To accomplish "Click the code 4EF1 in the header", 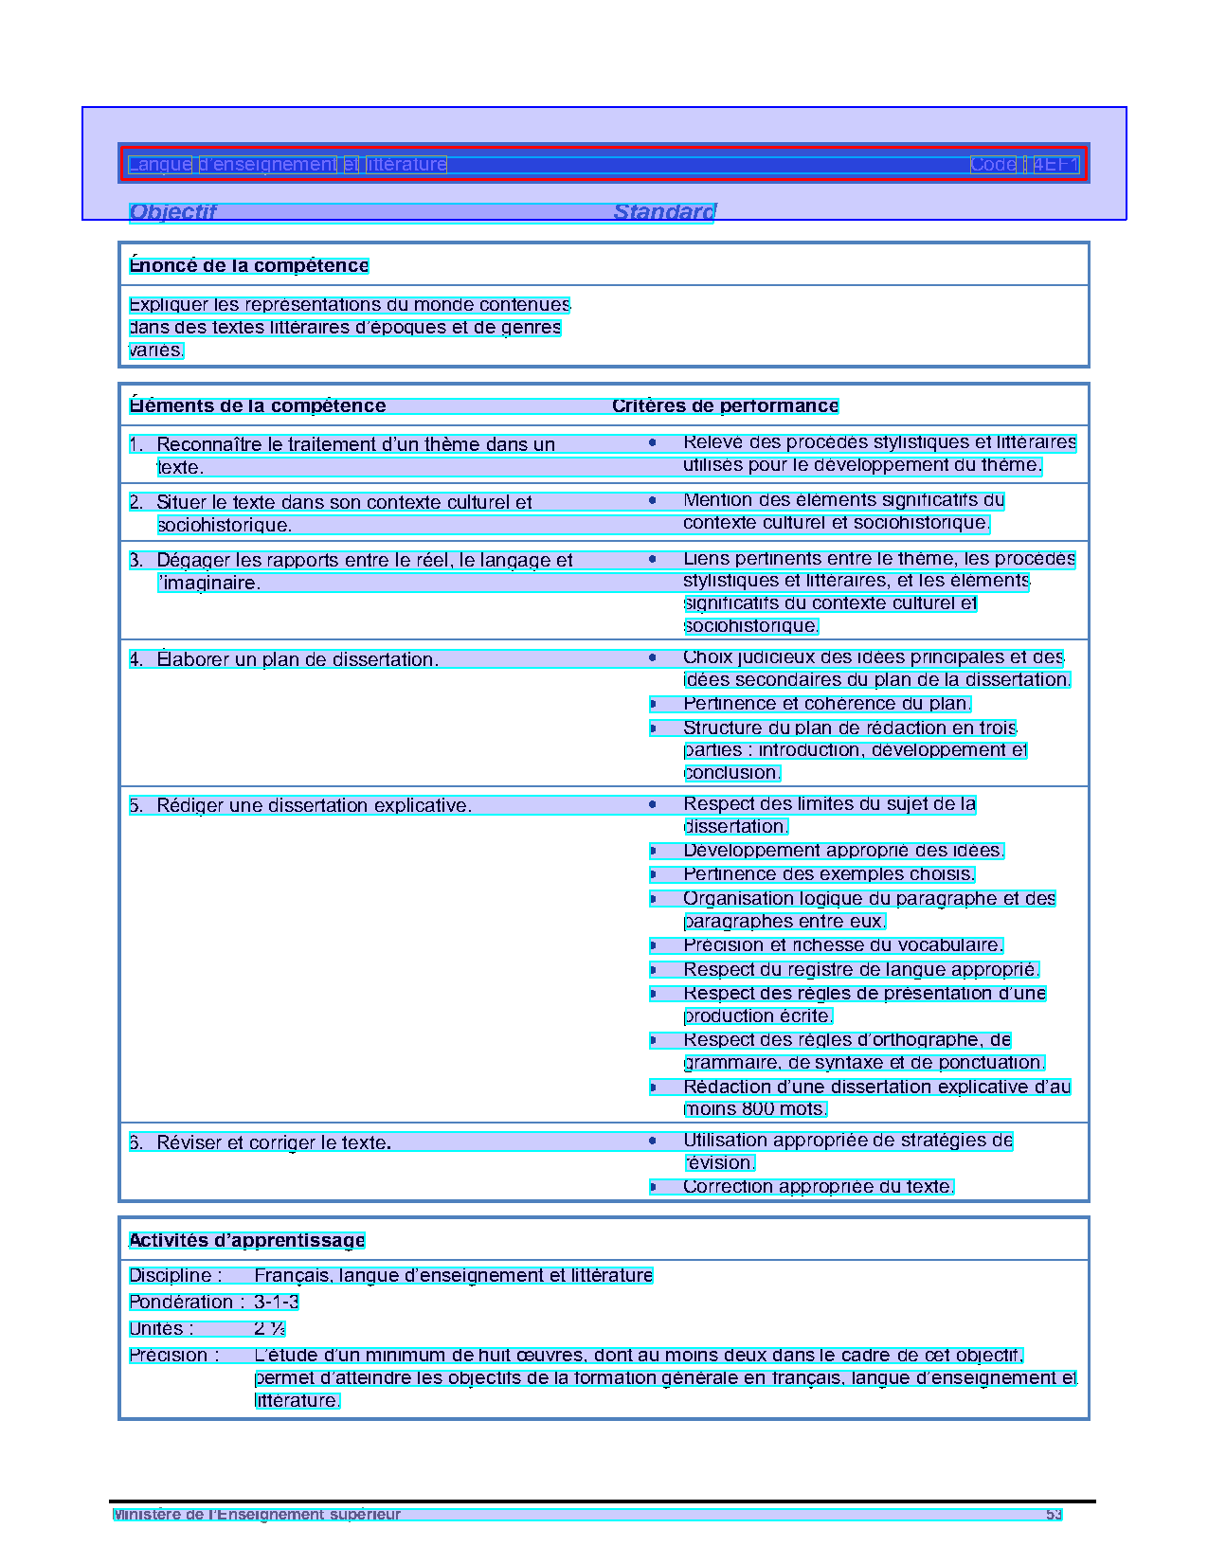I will [x=1055, y=165].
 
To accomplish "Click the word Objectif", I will [x=172, y=212].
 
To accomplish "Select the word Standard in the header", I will [x=664, y=212].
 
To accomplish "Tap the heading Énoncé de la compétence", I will [x=248, y=266].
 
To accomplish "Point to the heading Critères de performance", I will [x=725, y=406].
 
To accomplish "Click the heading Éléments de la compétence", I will [x=258, y=406].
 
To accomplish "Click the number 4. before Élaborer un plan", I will [x=136, y=660].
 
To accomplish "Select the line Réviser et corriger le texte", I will [x=274, y=1143].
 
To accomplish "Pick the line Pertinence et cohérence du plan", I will [x=826, y=704].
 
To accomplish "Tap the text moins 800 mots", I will [x=755, y=1109].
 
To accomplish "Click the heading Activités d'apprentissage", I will [x=246, y=1241].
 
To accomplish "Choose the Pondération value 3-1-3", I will [x=277, y=1303].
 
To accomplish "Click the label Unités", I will [x=161, y=1329].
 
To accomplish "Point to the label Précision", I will [x=174, y=1356].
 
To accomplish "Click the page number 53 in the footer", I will [x=1054, y=1515].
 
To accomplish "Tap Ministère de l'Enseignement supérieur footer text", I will [x=257, y=1515].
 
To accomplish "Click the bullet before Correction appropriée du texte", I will [x=653, y=1187].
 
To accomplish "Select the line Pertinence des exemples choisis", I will [x=829, y=874].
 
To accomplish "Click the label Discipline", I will [x=175, y=1276].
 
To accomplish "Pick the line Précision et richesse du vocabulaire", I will [x=842, y=945].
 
